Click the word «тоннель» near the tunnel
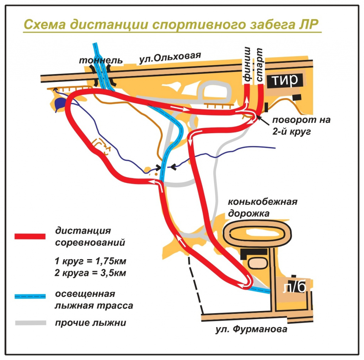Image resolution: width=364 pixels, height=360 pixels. point(101,60)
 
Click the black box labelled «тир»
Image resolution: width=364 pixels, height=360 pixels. point(285,81)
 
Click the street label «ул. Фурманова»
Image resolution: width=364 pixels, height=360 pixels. point(251,329)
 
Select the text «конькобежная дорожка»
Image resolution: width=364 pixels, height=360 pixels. point(262,207)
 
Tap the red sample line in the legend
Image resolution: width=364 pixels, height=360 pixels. point(30,236)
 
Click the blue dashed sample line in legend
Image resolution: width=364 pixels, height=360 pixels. point(30,296)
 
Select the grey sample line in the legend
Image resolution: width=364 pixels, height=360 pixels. point(31,323)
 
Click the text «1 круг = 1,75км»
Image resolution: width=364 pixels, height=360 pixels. point(91,261)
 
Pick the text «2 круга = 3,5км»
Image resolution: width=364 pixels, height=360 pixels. point(90,273)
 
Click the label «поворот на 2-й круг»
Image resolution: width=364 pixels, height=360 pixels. point(301,126)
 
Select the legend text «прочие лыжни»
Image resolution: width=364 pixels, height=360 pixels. point(91,323)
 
